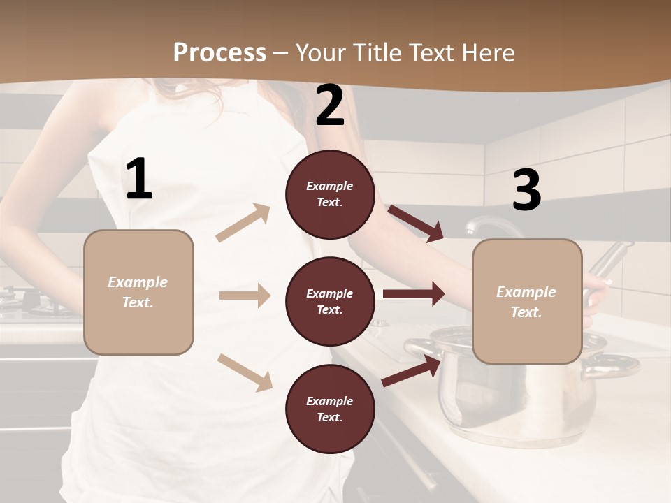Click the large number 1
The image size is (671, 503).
point(139,179)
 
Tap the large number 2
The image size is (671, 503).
point(330,105)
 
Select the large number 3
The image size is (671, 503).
point(527,191)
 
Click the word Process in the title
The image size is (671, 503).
point(219,52)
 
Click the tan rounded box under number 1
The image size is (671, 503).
point(138,292)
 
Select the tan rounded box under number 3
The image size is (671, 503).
point(527,302)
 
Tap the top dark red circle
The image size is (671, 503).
point(330,194)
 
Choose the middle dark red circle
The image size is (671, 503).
point(330,302)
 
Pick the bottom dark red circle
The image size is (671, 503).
point(330,409)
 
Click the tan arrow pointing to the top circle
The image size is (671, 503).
point(243,222)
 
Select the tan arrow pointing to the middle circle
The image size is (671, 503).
point(245,296)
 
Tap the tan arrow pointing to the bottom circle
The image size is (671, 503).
point(245,372)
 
